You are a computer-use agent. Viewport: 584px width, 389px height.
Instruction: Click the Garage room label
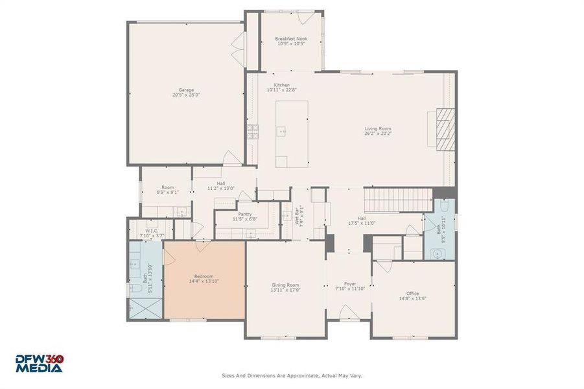point(186,90)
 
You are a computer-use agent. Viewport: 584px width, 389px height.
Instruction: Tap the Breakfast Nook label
point(291,39)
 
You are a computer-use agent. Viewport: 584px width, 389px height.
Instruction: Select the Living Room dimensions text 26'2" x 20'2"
point(377,134)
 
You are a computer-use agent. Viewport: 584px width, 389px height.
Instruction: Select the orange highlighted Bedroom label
point(204,276)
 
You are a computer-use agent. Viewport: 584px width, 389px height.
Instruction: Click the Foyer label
point(350,283)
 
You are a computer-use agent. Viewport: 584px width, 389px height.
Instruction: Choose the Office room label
point(412,294)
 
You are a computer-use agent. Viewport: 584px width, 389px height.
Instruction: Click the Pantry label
point(245,214)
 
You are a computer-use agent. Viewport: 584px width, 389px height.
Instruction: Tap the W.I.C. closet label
point(152,231)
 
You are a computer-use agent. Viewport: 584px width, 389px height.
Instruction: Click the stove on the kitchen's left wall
point(251,132)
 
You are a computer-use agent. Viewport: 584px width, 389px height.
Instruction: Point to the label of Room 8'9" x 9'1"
point(167,187)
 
